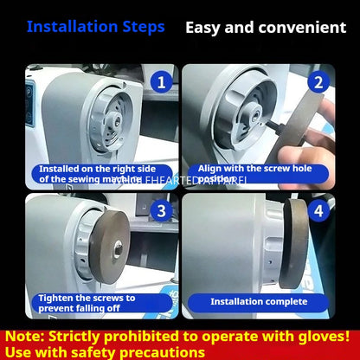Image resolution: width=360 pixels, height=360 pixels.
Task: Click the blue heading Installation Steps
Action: pyautogui.click(x=95, y=27)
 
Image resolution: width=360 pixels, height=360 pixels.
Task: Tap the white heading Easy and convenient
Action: pyautogui.click(x=266, y=28)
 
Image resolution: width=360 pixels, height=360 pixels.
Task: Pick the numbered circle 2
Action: pyautogui.click(x=318, y=83)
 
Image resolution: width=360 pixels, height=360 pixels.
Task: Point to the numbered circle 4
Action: pyautogui.click(x=318, y=211)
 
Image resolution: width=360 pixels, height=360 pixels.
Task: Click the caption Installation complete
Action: pyautogui.click(x=260, y=302)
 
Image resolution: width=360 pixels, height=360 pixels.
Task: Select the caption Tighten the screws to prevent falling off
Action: pyautogui.click(x=87, y=303)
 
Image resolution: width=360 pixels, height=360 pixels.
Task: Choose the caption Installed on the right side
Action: pyautogui.click(x=87, y=175)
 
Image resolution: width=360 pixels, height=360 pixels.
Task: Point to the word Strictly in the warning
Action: pyautogui.click(x=82, y=336)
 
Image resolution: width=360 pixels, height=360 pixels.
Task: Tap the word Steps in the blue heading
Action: pyautogui.click(x=141, y=27)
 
